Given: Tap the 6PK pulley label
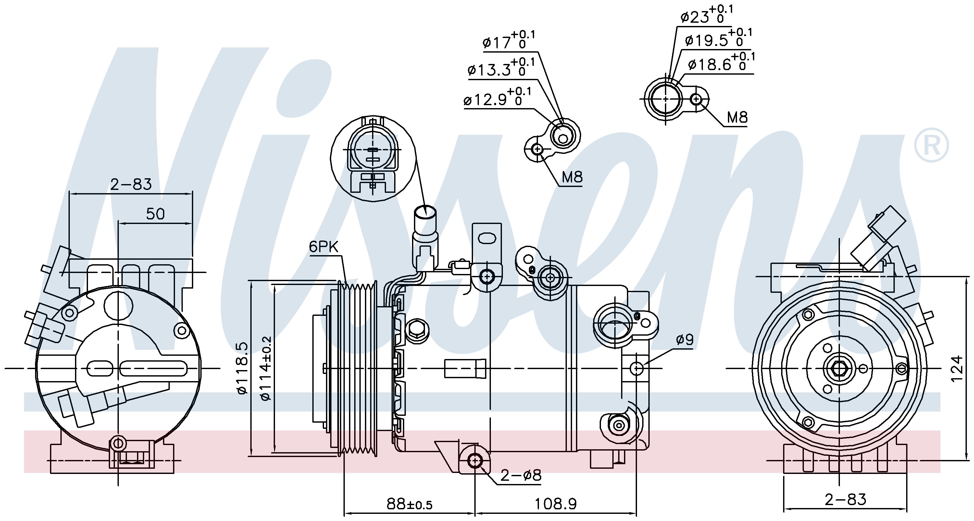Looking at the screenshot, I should click(x=323, y=247).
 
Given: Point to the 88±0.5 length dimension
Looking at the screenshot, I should click(x=409, y=503).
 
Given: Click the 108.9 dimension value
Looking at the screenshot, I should click(x=556, y=503).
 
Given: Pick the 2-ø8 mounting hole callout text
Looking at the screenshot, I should click(x=521, y=475).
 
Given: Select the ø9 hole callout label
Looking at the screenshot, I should click(x=685, y=340).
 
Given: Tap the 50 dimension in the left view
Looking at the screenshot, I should click(x=156, y=214).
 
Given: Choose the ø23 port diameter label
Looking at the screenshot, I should click(x=706, y=15).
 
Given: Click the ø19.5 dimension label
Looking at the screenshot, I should click(x=718, y=39).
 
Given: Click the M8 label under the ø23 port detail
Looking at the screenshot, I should click(x=737, y=118).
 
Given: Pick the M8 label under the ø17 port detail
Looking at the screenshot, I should click(x=572, y=177).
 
